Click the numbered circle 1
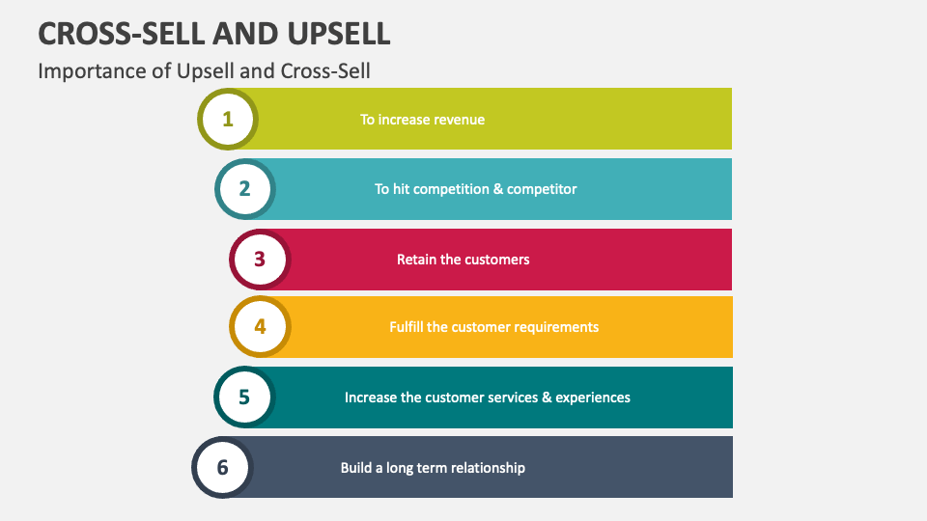(228, 120)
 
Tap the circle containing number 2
(244, 189)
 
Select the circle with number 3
(260, 260)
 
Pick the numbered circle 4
(260, 327)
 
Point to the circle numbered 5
(244, 397)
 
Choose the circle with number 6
(222, 467)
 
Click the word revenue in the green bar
(457, 120)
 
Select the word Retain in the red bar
(416, 260)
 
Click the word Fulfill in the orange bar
(407, 327)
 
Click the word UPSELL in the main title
(339, 34)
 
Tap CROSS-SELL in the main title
(122, 34)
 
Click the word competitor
(542, 189)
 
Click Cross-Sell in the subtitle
(325, 71)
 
